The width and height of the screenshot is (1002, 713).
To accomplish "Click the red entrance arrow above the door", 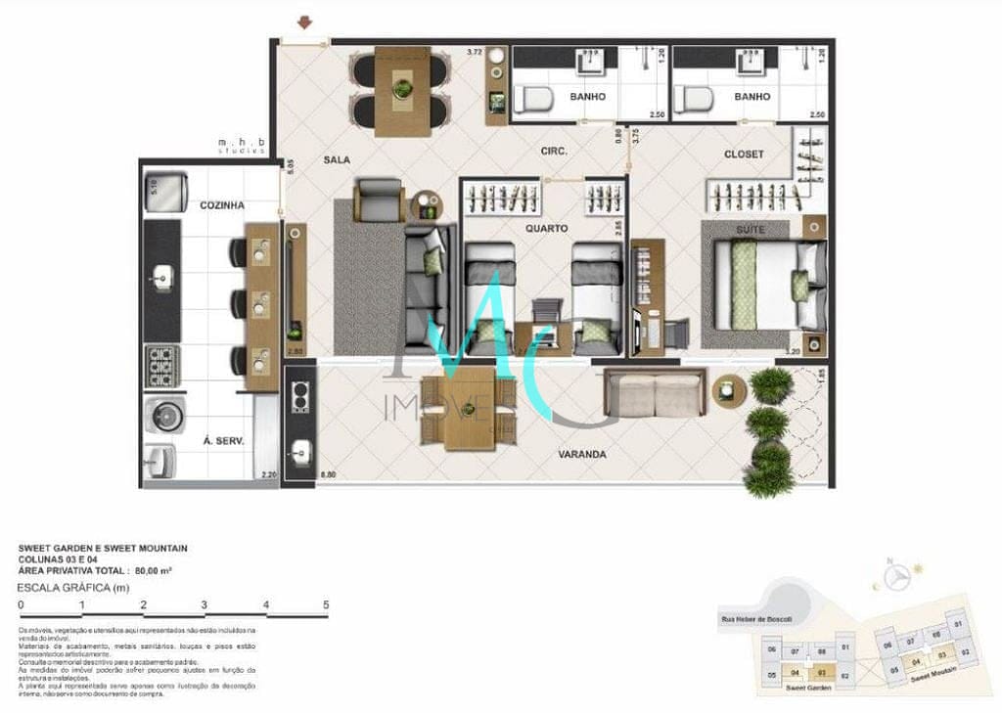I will (x=307, y=22).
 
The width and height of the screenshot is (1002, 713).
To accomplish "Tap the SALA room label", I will (x=338, y=158).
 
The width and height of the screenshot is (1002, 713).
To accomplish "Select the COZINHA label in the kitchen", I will (x=222, y=205).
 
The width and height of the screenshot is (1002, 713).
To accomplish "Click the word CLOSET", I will (x=744, y=155).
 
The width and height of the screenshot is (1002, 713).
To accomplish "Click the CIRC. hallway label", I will (x=556, y=152).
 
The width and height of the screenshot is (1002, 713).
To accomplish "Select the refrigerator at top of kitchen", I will (x=167, y=190).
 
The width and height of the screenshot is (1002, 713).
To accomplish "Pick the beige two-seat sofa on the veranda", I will (x=655, y=394).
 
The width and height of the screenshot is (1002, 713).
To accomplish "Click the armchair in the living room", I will (x=380, y=201).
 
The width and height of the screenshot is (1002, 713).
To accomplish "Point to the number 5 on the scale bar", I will (x=326, y=605).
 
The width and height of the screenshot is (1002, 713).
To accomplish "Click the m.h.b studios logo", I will (x=242, y=147).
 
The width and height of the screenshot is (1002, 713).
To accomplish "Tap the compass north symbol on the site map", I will (x=892, y=578).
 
